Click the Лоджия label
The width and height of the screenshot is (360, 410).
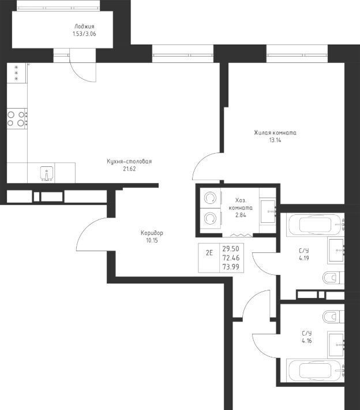pos(84,27)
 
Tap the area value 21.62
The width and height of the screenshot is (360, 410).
pos(129,169)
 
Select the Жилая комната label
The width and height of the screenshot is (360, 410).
pos(275,133)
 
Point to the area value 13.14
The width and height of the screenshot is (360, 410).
pos(275,140)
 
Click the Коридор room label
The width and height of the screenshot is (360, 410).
pos(152,233)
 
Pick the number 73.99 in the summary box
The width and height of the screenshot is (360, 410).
pos(231,267)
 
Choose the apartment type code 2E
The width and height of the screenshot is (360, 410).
pos(209,253)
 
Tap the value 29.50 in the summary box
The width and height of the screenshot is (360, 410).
pos(231,248)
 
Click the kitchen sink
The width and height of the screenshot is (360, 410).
pos(47,173)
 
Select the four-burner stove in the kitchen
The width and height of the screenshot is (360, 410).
pos(17,118)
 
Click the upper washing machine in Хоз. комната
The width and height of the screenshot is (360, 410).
pos(211,198)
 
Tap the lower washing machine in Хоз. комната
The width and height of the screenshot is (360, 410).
pos(211,218)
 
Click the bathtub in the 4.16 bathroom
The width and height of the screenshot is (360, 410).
pos(316,371)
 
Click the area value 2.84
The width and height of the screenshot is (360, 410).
pos(241,215)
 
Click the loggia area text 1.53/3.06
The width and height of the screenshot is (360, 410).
pos(84,33)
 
